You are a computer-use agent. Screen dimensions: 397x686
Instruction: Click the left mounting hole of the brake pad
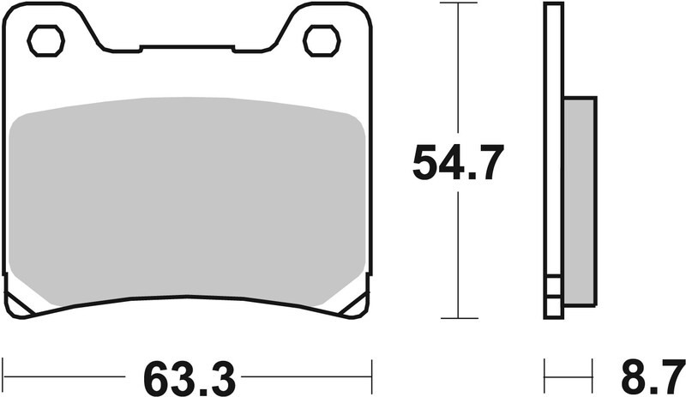46,40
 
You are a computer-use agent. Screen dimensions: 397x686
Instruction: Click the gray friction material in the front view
189,202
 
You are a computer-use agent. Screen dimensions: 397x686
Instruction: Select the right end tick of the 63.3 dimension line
371,376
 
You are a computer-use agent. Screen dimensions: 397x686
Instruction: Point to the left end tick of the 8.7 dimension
545,376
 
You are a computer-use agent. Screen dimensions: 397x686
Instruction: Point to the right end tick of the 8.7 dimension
596,376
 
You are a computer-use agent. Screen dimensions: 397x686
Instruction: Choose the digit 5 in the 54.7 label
425,163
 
